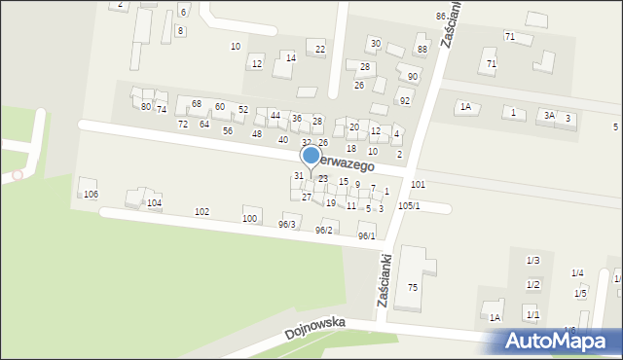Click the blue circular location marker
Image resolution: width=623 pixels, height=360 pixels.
(x=311, y=155)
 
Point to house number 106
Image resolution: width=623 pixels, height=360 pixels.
(x=91, y=195)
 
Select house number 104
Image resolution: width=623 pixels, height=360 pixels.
(x=154, y=203)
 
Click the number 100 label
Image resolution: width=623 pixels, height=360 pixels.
(x=250, y=219)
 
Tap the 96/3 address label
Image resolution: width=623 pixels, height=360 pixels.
(x=286, y=225)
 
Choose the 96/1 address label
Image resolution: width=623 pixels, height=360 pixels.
(x=366, y=236)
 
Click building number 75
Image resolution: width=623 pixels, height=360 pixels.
(x=413, y=287)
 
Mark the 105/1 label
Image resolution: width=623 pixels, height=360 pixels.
(x=409, y=206)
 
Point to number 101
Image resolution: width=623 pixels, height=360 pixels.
(x=418, y=184)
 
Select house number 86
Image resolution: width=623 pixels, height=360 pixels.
(x=441, y=17)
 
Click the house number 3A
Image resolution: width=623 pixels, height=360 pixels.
(x=549, y=115)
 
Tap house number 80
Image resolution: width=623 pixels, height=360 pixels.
(x=146, y=106)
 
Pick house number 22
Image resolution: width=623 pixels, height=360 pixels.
(x=320, y=49)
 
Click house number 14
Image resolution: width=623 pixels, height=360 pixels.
(x=290, y=58)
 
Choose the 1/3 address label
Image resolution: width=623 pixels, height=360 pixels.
(x=532, y=261)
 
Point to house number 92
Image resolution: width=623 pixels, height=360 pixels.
(x=405, y=101)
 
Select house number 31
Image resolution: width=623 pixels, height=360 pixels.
(x=299, y=176)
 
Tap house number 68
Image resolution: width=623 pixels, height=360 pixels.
(x=196, y=104)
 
